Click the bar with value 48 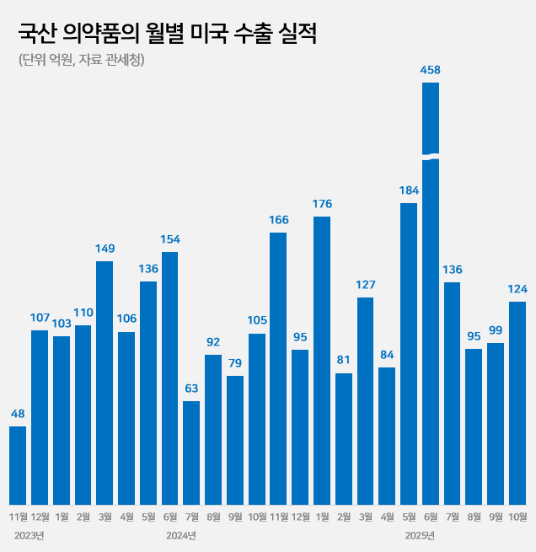pos(18,465)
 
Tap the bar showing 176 pos(322,361)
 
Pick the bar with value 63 pos(191,453)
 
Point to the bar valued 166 pos(278,368)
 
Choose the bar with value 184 pos(409,354)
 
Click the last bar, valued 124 pos(517,403)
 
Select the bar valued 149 pos(105,383)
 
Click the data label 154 pos(169,240)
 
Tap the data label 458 pos(431,70)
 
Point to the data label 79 pos(235,364)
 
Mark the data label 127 pos(366,285)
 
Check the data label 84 pos(387,355)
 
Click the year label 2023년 pos(29,535)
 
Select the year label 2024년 pos(181,535)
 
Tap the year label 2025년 pos(420,535)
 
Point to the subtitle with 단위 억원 pos(81,60)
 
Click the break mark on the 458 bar pos(431,157)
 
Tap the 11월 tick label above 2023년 pos(18,516)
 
